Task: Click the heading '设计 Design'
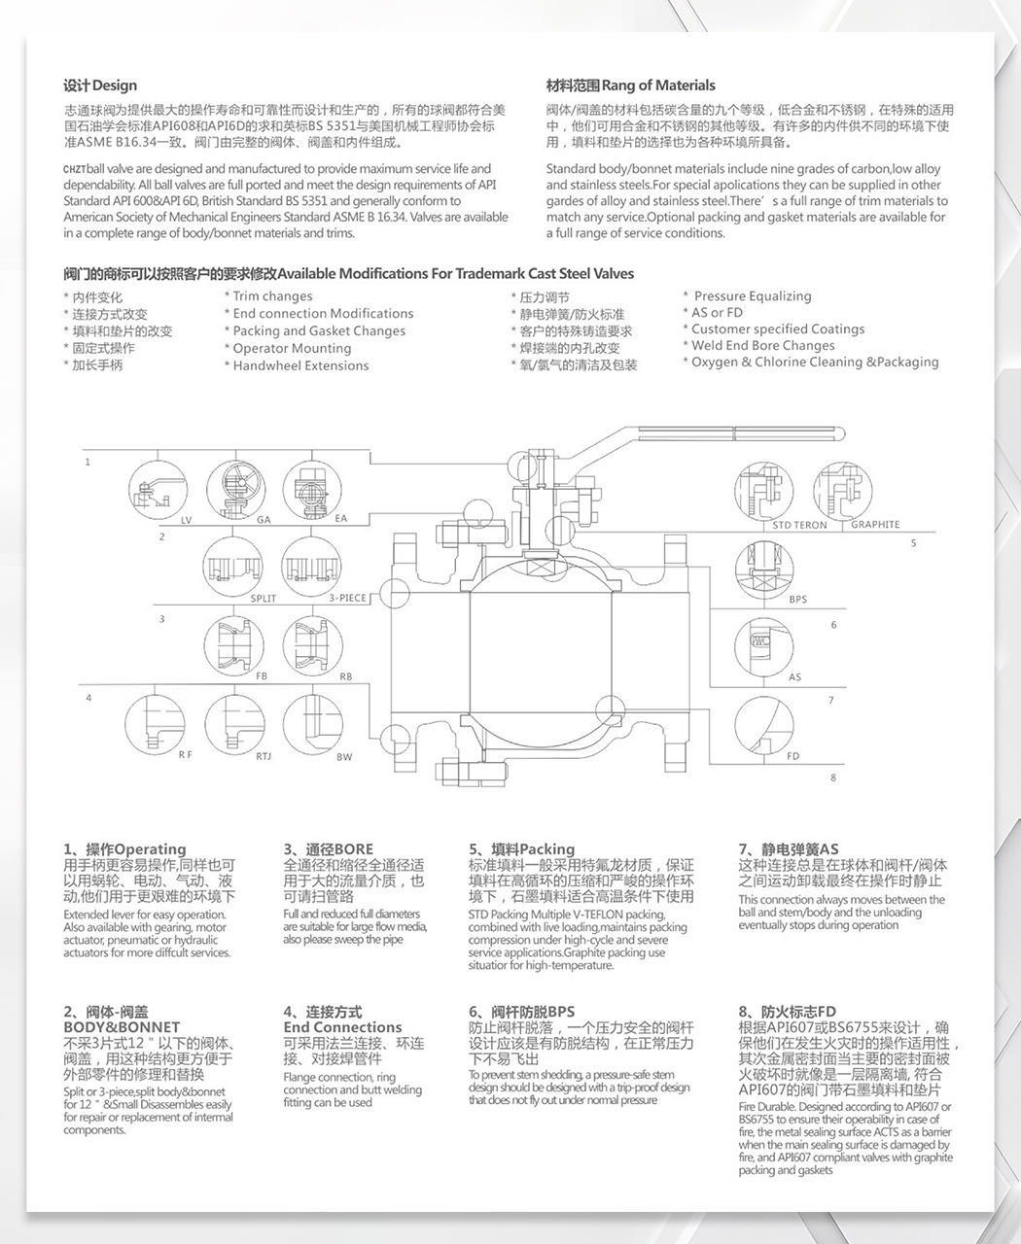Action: pos(100,86)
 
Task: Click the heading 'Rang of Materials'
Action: pos(630,86)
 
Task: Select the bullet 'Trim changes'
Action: pos(272,296)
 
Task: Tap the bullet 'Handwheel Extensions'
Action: pos(300,365)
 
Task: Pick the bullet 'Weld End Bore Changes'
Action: pos(762,345)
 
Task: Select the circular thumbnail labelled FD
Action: pos(763,723)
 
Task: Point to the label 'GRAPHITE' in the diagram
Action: pos(875,525)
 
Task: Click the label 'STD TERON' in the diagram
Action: pos(799,525)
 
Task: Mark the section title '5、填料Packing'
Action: pos(521,849)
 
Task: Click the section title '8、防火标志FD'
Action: pos(787,1012)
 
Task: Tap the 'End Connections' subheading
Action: pos(342,1027)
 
